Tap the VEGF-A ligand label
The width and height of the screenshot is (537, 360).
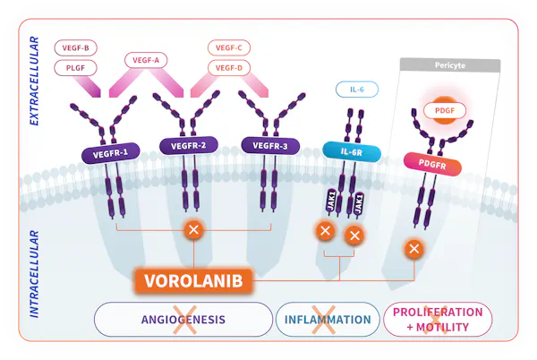pos(145,61)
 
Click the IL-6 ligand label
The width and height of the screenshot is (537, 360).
pos(355,90)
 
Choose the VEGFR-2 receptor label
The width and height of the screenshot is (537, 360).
pos(188,146)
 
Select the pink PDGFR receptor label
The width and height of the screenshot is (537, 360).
pos(445,162)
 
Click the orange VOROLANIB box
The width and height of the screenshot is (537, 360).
pos(193,280)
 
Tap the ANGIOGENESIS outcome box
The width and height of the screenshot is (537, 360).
pos(183,320)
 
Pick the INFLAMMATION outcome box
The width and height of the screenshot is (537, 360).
pos(328,320)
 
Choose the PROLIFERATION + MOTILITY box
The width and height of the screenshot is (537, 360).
pos(438,320)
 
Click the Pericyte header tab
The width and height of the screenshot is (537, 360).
pos(449,65)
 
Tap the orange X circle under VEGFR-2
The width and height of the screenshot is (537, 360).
pos(192,231)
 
